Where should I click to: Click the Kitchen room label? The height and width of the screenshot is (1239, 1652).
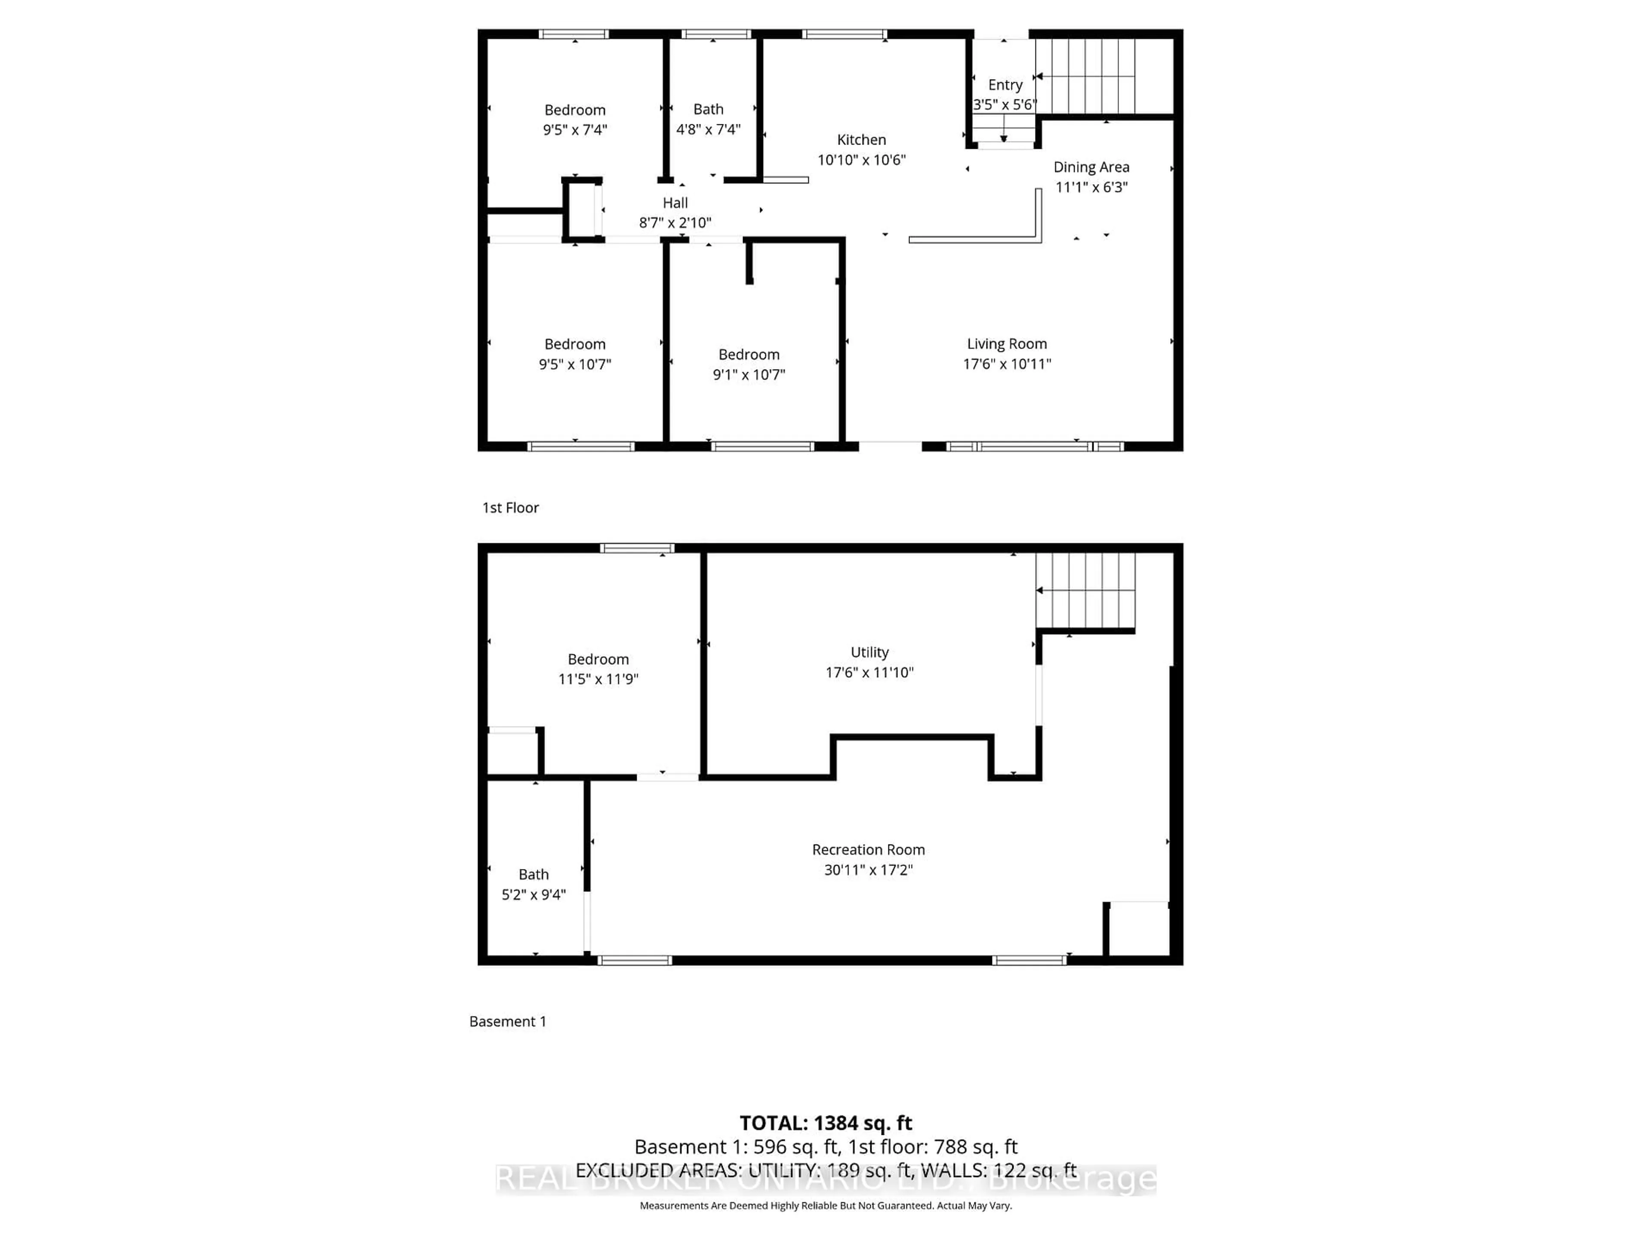[x=861, y=140]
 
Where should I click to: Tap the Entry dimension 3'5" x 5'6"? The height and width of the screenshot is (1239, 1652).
[x=1005, y=105]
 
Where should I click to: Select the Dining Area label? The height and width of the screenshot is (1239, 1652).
[x=1091, y=167]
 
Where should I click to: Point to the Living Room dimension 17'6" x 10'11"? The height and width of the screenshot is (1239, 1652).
[x=1007, y=364]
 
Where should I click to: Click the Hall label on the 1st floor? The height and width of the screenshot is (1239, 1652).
[x=675, y=202]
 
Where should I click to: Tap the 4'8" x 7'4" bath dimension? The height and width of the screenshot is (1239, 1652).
[x=708, y=129]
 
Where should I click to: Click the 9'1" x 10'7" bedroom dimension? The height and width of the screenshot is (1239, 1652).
[x=748, y=374]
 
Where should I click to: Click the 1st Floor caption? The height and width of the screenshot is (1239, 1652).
[x=510, y=508]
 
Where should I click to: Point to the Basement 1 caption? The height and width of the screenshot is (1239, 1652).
[x=508, y=1021]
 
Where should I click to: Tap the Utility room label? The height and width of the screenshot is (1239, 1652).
[x=869, y=652]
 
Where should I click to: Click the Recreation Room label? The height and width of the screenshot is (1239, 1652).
[x=868, y=849]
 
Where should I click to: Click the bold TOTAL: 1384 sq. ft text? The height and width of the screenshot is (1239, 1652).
[x=825, y=1122]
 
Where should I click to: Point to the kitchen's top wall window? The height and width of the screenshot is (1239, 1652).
[x=844, y=34]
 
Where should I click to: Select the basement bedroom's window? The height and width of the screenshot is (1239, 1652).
[x=637, y=548]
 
